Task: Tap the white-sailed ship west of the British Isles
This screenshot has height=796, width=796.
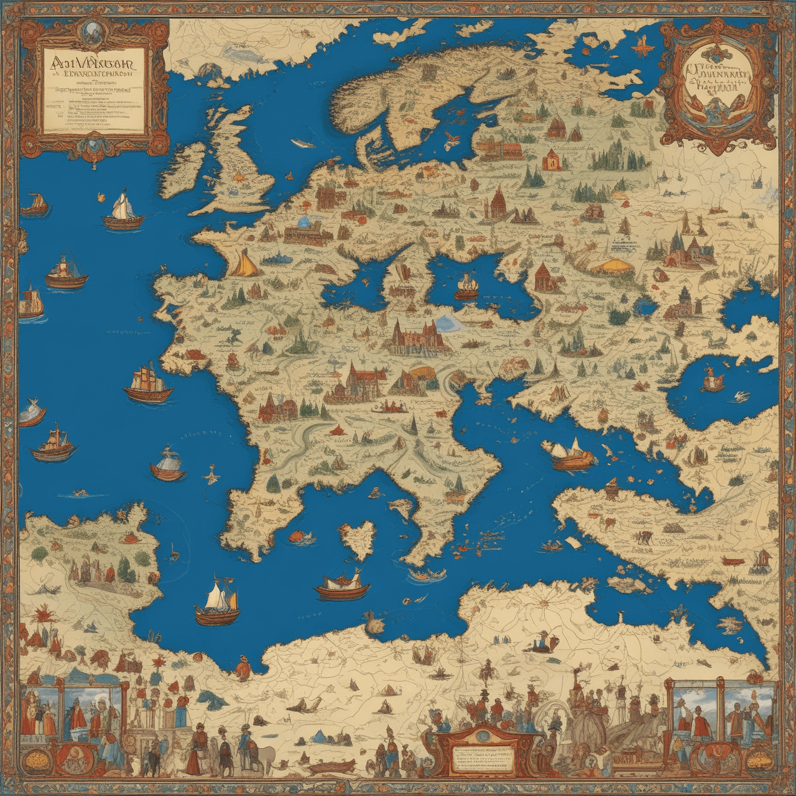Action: [123, 210]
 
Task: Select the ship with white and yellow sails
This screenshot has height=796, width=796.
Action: [218, 602]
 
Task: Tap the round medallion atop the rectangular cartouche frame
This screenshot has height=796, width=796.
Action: [93, 29]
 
